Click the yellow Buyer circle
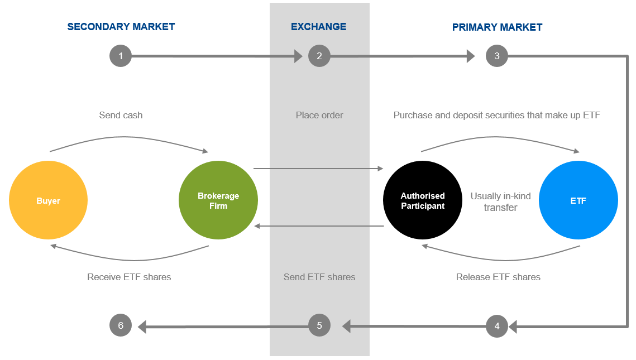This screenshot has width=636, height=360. click(48, 200)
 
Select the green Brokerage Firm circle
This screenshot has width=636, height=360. click(218, 200)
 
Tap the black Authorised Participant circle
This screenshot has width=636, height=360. click(423, 200)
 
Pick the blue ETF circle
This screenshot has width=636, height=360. click(578, 200)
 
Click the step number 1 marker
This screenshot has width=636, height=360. click(121, 56)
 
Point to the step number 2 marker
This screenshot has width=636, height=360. click(319, 56)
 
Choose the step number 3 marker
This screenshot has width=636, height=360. click(497, 56)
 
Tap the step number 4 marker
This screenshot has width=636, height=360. click(497, 327)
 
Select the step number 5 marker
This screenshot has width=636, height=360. click(319, 325)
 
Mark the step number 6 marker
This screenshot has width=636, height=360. click(121, 325)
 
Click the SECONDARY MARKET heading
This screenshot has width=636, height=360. click(121, 27)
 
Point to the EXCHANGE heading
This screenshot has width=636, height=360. click(319, 27)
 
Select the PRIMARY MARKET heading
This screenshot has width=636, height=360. click(497, 27)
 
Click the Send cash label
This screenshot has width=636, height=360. click(121, 116)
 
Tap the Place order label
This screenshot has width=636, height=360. click(319, 116)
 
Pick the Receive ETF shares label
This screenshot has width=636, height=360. click(129, 277)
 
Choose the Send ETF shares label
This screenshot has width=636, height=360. click(319, 277)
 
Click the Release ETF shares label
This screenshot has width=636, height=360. click(498, 277)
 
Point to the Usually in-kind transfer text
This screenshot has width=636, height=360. click(500, 202)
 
